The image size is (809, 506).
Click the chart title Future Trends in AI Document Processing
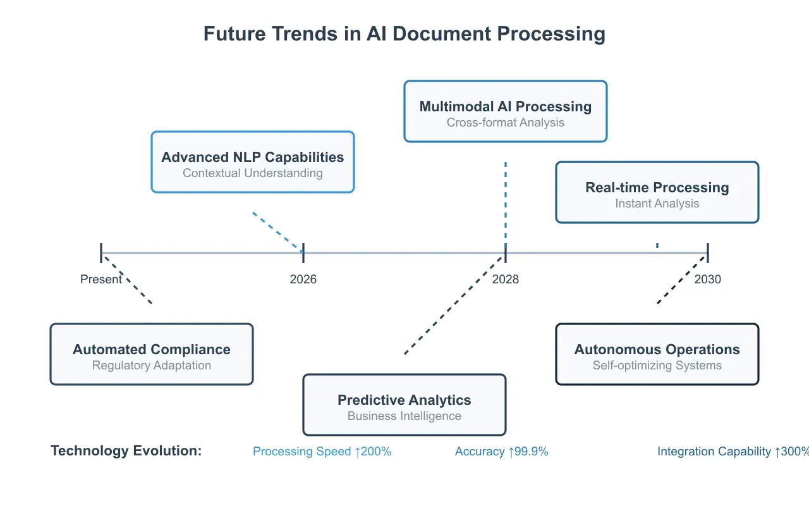404,34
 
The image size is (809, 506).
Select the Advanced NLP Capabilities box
253,162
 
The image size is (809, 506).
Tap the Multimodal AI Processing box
506,111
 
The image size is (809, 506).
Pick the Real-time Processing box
657,192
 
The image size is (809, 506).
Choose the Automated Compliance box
152,354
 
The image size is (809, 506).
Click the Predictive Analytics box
404,405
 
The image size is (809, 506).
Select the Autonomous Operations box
657,354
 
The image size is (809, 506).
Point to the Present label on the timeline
101,279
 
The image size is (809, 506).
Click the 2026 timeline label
303,279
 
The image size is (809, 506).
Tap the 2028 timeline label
506,279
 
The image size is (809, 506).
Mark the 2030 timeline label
708,279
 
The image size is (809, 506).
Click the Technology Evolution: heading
126,451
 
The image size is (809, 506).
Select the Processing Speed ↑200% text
322,452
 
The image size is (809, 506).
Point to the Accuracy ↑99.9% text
502,452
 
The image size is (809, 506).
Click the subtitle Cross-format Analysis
506,123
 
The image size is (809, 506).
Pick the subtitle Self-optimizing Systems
657,366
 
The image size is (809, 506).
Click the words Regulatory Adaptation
152,366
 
